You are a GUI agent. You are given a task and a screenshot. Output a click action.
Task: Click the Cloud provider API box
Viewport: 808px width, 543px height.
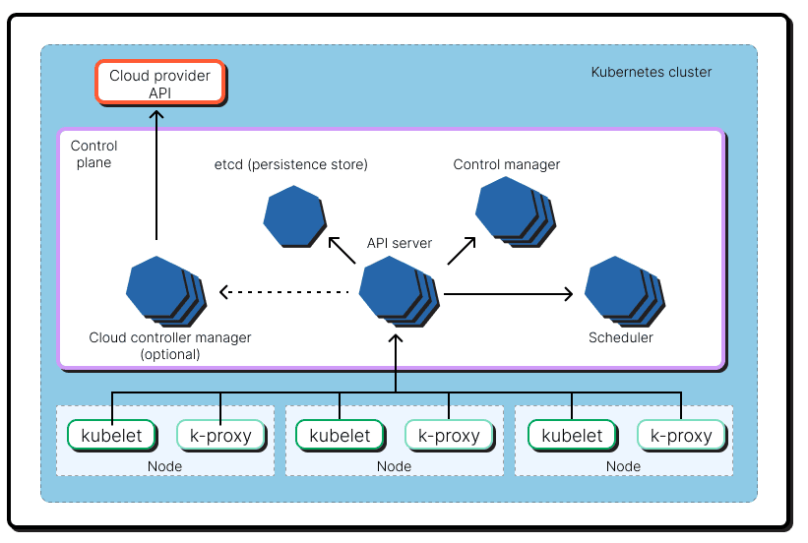click(x=160, y=84)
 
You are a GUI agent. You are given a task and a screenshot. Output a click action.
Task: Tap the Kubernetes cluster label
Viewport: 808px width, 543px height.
click(x=651, y=72)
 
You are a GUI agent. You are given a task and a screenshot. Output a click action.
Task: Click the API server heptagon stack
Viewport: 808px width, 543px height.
click(x=395, y=289)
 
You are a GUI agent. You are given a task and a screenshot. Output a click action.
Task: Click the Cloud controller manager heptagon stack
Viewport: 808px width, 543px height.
click(x=161, y=289)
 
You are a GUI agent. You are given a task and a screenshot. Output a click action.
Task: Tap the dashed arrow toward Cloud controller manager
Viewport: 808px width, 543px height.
click(x=284, y=292)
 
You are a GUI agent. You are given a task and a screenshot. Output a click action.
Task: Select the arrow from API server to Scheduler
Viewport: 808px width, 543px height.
click(x=508, y=293)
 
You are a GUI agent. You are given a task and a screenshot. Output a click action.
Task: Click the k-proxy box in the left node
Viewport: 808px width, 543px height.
click(x=220, y=435)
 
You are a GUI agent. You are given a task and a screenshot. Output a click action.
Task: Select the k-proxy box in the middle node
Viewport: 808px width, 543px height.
click(x=450, y=435)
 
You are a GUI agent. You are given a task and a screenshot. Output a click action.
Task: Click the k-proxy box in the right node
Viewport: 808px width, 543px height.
click(x=681, y=435)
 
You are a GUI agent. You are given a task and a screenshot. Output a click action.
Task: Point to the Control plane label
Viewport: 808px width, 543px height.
click(x=91, y=153)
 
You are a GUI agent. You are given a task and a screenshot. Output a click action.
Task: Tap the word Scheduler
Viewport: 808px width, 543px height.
click(x=620, y=337)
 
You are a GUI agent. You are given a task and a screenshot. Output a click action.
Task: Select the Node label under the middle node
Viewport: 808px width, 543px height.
click(x=395, y=466)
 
